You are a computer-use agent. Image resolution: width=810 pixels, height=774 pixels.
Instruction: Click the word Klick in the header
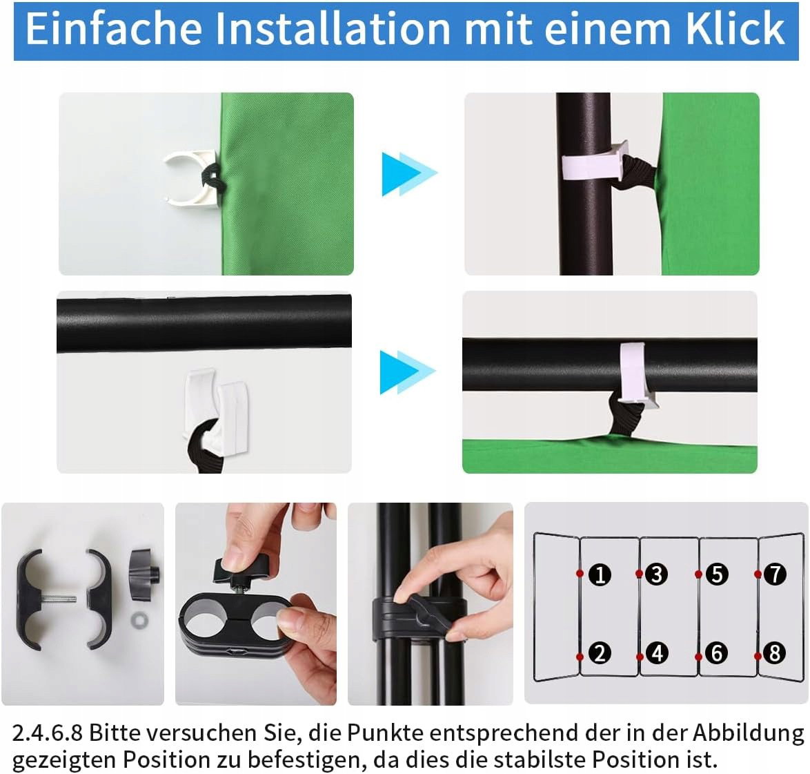point(735,29)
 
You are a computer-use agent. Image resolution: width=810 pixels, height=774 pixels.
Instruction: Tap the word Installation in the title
point(332,29)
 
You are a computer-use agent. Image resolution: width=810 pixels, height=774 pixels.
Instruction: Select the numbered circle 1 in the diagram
point(600,574)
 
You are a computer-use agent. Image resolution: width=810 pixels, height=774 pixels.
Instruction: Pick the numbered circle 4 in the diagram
point(657,653)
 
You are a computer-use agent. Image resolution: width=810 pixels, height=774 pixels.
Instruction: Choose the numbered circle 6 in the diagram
point(716,653)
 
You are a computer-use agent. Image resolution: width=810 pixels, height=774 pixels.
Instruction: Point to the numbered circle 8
point(775,653)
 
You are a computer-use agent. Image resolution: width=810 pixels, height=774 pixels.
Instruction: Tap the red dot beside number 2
point(580,657)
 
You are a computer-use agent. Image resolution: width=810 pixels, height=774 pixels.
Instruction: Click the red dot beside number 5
point(698,574)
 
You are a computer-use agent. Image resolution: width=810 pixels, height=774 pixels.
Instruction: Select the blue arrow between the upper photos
point(409,174)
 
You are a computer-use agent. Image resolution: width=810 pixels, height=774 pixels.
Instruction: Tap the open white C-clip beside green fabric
point(190,179)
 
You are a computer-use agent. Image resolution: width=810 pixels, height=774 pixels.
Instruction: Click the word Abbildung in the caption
point(749,733)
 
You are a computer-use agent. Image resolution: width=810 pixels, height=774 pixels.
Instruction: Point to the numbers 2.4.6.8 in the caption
point(48,733)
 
